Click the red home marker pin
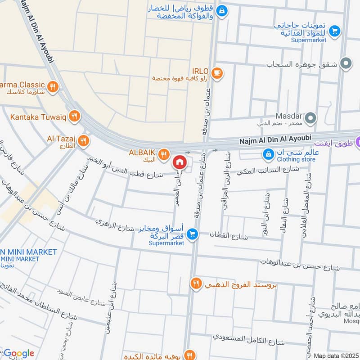click(179, 162)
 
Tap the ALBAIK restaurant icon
click(164, 153)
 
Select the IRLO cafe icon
click(217, 72)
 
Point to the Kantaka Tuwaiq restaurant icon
click(75, 116)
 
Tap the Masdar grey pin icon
click(310, 119)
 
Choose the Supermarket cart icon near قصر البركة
click(192, 234)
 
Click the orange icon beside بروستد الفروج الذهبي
click(196, 283)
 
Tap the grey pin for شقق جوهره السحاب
click(346, 64)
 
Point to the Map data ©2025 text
click(336, 355)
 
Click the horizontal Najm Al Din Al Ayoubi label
click(275, 141)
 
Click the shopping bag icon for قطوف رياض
click(221, 10)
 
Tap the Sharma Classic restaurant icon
click(53, 86)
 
